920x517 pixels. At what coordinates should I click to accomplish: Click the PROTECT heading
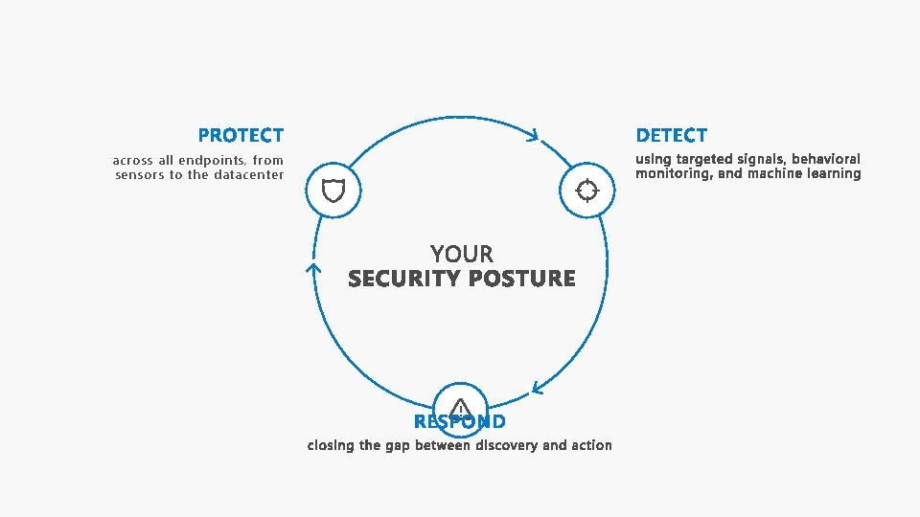[x=241, y=136]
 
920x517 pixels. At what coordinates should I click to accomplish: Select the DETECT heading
[x=671, y=136]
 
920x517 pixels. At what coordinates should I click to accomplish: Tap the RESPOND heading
[x=460, y=422]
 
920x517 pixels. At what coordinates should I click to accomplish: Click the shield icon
[x=333, y=191]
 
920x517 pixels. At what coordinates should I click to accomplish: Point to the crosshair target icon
[x=586, y=191]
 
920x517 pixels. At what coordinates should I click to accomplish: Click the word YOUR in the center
[x=462, y=254]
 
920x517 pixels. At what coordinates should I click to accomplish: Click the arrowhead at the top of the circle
[x=534, y=136]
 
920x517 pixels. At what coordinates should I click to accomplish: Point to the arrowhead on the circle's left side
[x=312, y=270]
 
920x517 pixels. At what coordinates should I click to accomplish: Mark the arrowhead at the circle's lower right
[x=539, y=389]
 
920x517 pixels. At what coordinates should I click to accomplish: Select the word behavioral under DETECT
[x=826, y=159]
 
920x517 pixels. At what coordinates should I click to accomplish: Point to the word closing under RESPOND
[x=331, y=445]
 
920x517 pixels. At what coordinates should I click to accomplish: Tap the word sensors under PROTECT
[x=140, y=175]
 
